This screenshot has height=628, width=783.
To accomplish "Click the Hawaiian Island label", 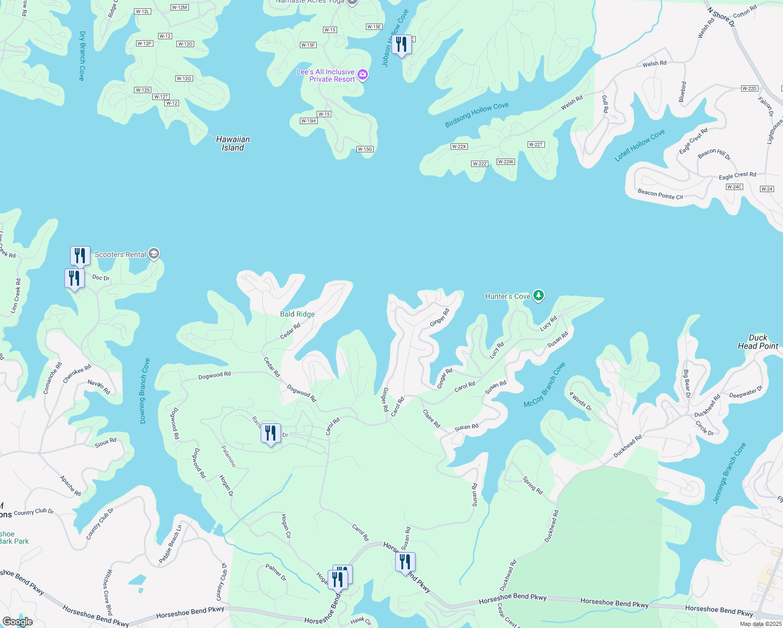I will (233, 143).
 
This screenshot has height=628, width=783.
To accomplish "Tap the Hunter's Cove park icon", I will (539, 296).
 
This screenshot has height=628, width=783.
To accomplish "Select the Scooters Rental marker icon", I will (153, 254).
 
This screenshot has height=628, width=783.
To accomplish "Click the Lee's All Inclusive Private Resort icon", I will (363, 75).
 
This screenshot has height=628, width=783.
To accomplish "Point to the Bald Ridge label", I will (297, 314).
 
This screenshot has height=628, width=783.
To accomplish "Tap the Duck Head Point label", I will (758, 342).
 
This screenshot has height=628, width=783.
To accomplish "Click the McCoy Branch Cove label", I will (545, 385).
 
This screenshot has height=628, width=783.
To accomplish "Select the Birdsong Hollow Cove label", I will (476, 115).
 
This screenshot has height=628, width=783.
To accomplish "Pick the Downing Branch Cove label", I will (144, 390).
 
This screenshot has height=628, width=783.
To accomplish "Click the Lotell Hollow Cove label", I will (640, 145).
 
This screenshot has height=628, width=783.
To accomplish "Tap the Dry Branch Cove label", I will (82, 55).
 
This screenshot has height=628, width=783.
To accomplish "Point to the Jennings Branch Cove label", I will (729, 473).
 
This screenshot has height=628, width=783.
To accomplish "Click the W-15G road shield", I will (365, 149).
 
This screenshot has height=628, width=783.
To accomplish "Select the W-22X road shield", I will (458, 147).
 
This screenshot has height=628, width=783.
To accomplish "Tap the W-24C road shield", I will (734, 187).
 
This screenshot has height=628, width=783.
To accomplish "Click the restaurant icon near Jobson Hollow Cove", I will (401, 44).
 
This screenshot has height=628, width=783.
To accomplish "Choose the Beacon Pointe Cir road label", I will (660, 194).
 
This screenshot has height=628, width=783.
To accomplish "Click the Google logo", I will (17, 622).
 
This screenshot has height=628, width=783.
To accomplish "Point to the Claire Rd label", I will (431, 418).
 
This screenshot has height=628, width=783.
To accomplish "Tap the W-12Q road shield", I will (184, 78).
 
